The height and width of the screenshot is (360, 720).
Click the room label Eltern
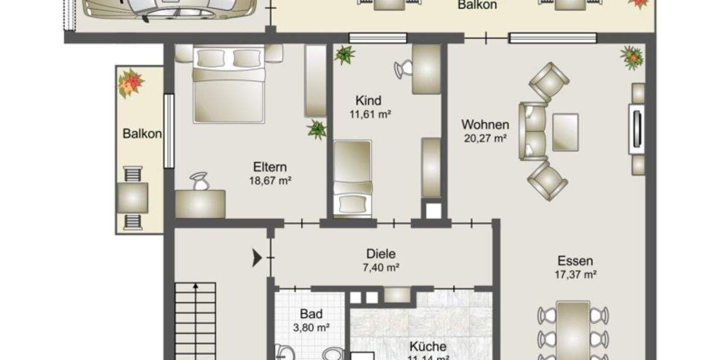pos(269,167)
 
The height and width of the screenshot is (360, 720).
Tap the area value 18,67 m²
pos(270,180)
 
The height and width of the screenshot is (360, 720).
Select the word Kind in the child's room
pos(368,100)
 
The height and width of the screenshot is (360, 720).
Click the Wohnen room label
pos(485,125)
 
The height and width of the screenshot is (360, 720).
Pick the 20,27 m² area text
pos(485,138)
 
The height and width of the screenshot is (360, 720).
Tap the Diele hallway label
pos(381,254)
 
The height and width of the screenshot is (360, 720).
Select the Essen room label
pos(575,261)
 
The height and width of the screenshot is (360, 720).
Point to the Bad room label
pos(311,314)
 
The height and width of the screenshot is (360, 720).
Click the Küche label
pos(428,346)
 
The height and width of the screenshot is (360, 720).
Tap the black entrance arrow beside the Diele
pos(257,259)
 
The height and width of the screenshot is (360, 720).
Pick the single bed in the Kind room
pos(352,178)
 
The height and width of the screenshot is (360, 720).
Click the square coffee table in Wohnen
pos(565,132)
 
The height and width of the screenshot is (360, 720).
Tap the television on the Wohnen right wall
pos(637,128)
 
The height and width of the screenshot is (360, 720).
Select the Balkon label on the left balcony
pos(142,134)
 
